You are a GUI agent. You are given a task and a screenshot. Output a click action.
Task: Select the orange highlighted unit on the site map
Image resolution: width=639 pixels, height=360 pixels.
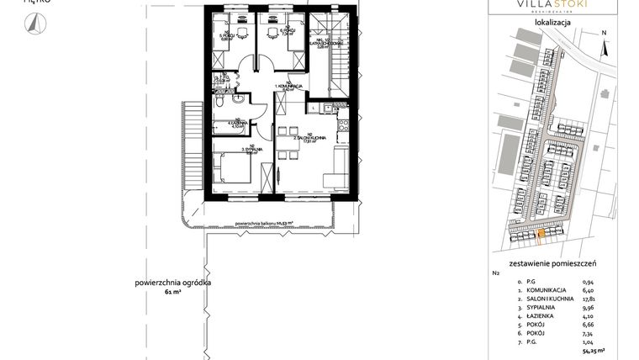(540, 234)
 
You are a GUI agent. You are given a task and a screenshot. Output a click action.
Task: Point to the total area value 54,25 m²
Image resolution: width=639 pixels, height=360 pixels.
(594, 354)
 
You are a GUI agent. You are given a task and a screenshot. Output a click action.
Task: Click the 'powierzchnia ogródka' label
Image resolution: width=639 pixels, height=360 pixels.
(167, 282)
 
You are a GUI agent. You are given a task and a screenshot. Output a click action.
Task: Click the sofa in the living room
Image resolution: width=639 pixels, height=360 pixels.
(339, 167)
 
